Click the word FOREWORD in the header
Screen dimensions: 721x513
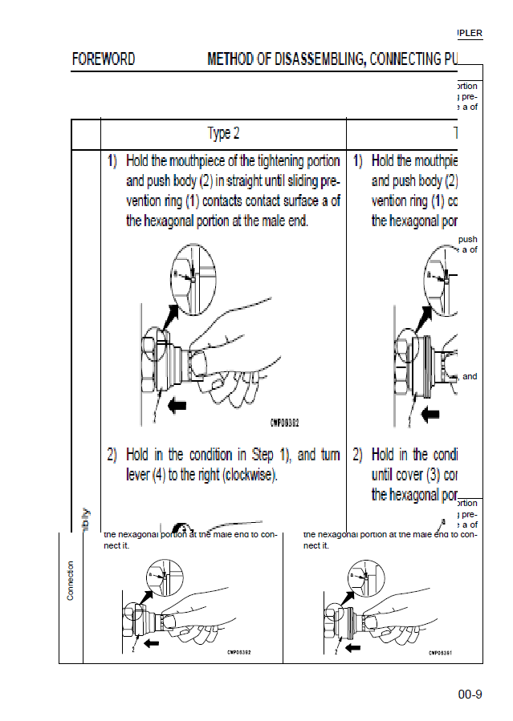104,59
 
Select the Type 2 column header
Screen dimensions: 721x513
223,133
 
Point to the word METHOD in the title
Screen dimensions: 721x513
233,59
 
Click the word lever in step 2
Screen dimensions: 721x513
138,474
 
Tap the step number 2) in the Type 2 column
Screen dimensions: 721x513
113,456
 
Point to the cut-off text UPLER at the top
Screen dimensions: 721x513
468,33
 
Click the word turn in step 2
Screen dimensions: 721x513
330,456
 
